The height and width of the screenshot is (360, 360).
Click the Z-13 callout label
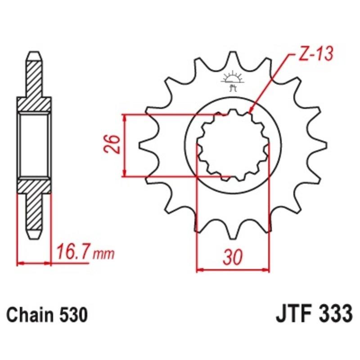(x=315, y=54)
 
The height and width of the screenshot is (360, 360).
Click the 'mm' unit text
(x=103, y=255)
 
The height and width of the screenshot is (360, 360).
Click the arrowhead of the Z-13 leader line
(x=251, y=109)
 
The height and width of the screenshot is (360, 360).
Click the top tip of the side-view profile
(x=35, y=54)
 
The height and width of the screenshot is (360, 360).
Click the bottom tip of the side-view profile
(x=35, y=237)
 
